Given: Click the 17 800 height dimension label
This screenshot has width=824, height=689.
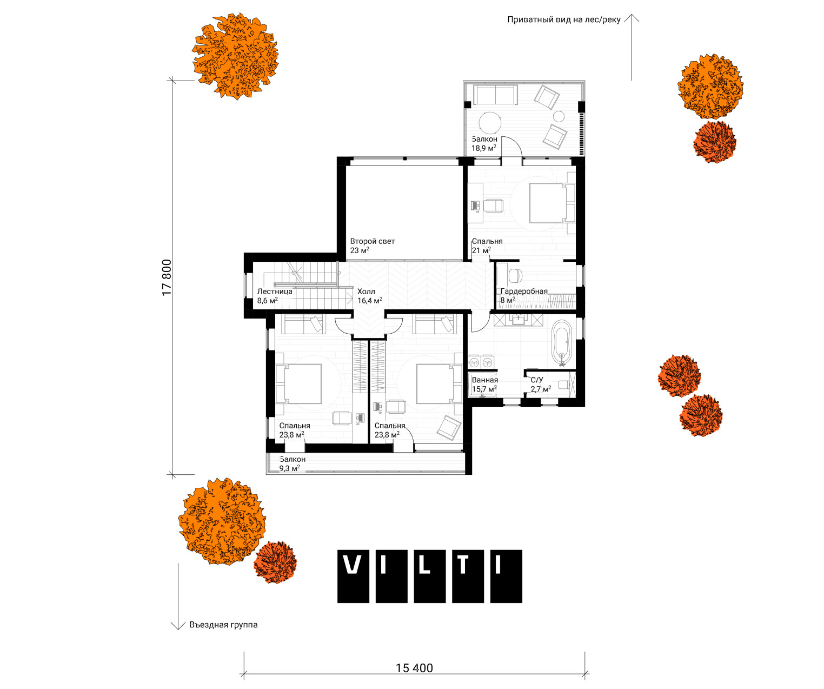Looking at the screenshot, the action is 167,277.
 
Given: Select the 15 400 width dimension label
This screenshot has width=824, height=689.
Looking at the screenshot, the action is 414,668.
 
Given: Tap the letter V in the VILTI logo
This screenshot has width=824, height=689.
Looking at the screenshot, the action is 353,565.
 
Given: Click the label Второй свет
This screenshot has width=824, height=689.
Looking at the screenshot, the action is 372,241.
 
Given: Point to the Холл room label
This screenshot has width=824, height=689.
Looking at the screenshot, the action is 366,292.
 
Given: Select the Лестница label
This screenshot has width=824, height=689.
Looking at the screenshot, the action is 275,291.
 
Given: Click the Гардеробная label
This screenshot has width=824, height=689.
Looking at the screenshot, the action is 524,291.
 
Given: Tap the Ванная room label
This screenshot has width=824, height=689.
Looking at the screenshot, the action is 485,380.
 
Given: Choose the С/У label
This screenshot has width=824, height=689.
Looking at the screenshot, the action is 537,380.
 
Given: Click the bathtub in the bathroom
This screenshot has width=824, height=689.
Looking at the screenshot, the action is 562,343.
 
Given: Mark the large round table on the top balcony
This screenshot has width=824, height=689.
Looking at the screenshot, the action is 490,123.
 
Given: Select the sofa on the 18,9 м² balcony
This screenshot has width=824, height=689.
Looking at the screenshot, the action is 496,95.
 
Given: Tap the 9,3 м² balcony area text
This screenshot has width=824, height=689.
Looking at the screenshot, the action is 290,469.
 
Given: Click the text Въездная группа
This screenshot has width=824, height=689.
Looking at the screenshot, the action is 223,625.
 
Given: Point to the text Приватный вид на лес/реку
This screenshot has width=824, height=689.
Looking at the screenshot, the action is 564,20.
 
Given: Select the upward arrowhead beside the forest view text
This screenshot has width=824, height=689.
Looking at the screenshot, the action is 632,18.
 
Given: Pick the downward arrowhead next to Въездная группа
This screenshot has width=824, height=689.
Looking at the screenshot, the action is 178,625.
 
